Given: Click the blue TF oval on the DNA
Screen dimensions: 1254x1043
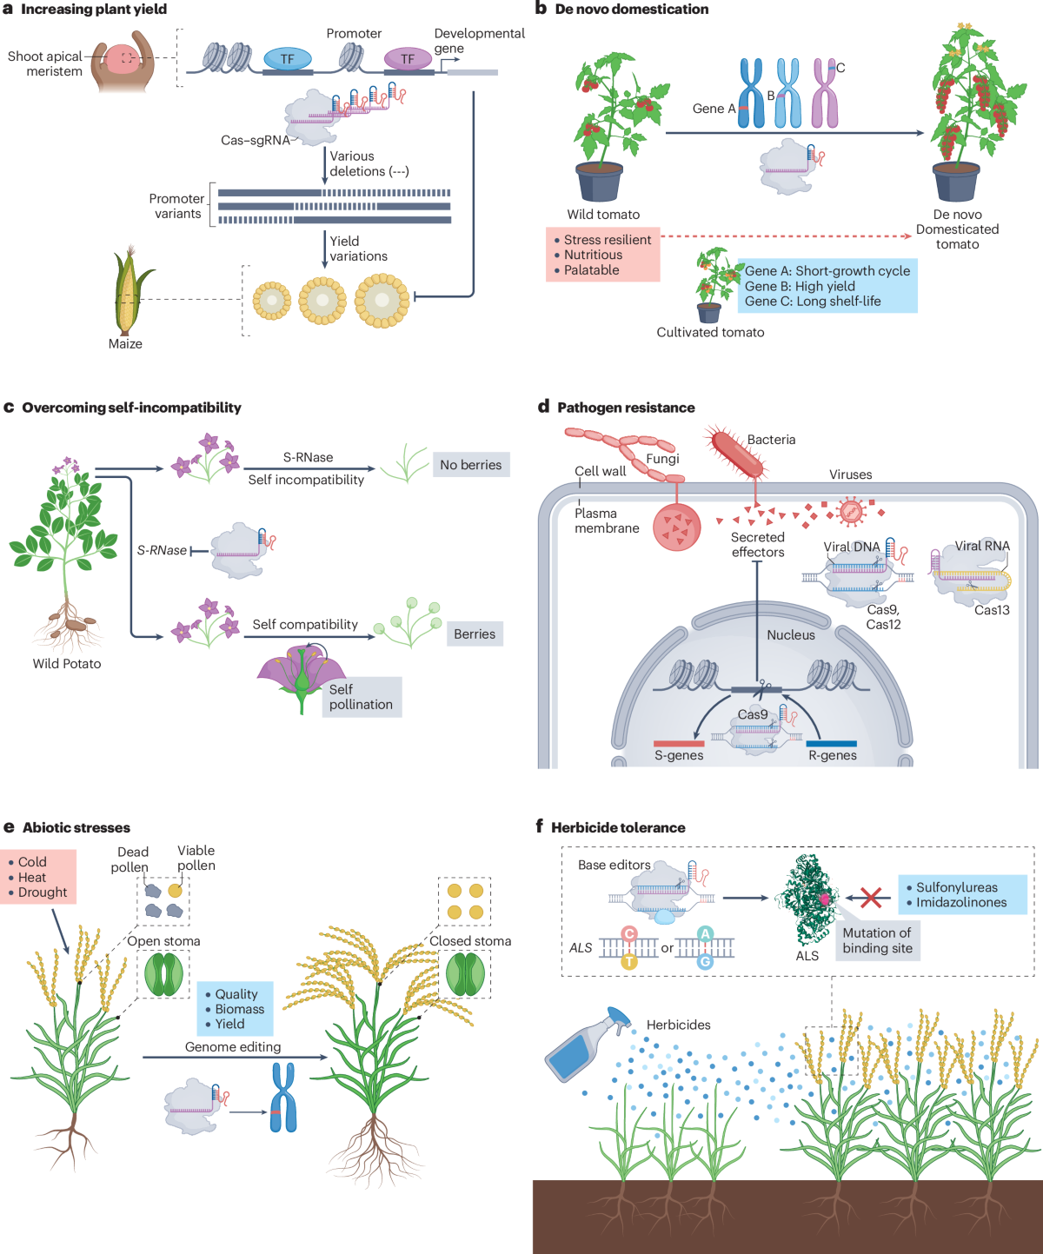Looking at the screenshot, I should click(287, 59).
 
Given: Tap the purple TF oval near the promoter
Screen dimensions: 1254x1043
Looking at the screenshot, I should click(408, 59).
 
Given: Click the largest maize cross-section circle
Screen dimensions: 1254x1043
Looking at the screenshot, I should click(382, 300).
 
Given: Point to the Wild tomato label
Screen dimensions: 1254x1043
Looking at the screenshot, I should click(603, 215).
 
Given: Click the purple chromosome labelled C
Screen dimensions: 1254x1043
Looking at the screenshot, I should click(824, 94).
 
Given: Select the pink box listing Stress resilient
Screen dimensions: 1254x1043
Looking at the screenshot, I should click(602, 255).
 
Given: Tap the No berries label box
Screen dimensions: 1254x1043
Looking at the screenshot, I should click(470, 465).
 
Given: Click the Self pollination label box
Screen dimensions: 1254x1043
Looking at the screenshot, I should click(361, 697).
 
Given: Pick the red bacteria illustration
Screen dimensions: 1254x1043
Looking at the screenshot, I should click(737, 452).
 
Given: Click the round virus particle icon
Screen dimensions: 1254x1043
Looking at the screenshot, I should click(851, 512).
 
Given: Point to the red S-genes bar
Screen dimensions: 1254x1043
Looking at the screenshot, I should click(679, 743).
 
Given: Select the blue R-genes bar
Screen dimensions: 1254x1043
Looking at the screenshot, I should click(832, 743).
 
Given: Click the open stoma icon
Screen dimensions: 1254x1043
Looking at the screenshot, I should click(163, 974).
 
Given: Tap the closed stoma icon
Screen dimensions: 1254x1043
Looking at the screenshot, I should click(466, 973).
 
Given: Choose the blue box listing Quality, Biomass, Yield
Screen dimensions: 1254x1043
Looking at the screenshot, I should click(235, 1009).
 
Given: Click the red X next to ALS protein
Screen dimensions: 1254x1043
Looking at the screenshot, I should click(870, 897).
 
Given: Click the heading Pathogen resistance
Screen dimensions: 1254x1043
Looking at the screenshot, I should click(626, 408).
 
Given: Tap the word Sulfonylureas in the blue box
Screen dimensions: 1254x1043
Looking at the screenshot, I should click(956, 887).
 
